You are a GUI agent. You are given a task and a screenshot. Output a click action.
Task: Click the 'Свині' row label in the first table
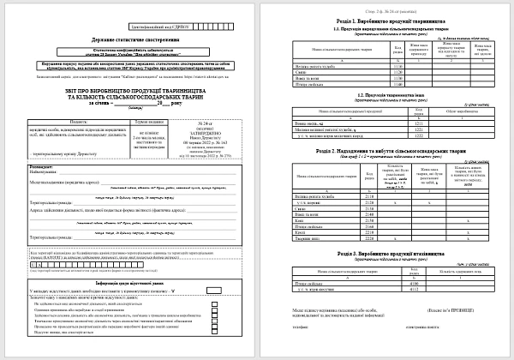click(301, 72)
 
